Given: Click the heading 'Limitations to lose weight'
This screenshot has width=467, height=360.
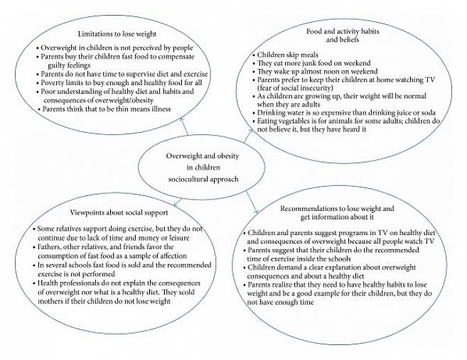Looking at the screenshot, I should tap(118, 33).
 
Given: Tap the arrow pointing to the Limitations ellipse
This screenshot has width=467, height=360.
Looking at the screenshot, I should tap(184, 126).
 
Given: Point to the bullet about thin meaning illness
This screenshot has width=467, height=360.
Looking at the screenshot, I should tap(109, 109).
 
